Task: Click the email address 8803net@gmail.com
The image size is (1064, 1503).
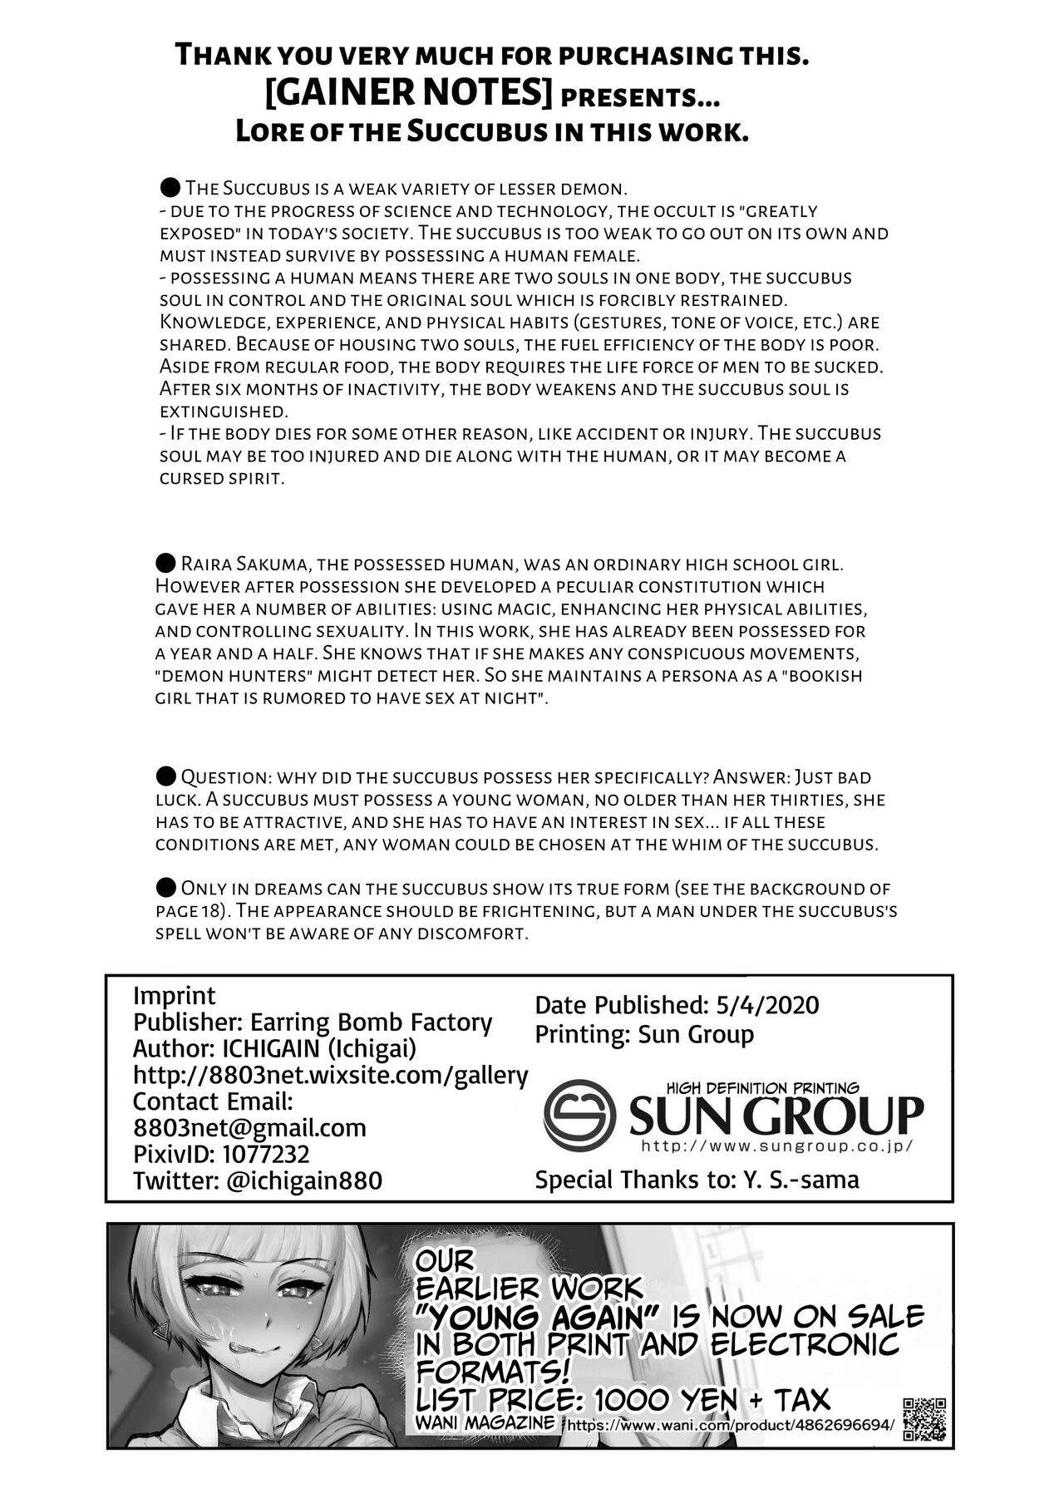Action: click(249, 1127)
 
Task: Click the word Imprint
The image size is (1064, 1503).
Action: click(174, 995)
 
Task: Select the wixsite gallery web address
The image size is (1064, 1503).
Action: click(330, 1075)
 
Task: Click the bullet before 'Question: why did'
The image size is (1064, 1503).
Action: click(165, 777)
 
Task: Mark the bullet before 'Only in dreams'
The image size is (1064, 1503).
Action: click(165, 888)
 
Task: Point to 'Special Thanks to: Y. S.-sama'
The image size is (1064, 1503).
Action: click(697, 1179)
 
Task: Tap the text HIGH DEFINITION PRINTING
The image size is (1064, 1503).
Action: click(761, 1088)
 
